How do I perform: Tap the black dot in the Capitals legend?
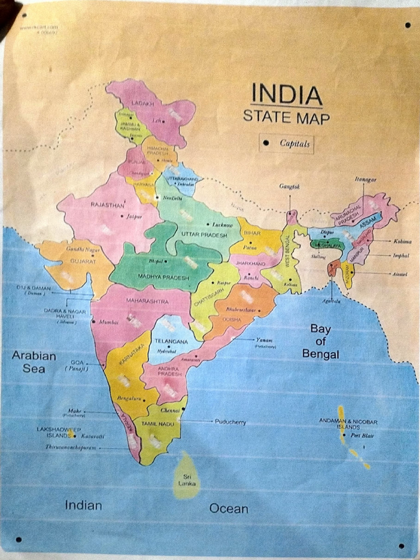tap(266, 143)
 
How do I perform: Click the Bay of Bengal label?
tap(320, 342)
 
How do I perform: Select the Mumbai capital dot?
tap(94, 322)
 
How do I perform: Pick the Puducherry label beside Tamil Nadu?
tap(230, 422)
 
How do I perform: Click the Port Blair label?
tap(363, 435)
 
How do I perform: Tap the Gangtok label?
tap(290, 186)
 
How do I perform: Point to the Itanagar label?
tap(366, 179)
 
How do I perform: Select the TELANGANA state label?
tap(171, 341)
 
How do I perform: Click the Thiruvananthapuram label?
tap(71, 447)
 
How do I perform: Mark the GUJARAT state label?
tap(83, 261)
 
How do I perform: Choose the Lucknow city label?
tap(223, 225)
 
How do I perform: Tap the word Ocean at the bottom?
tap(229, 509)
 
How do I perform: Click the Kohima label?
tap(402, 241)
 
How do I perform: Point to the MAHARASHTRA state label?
tap(148, 301)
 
